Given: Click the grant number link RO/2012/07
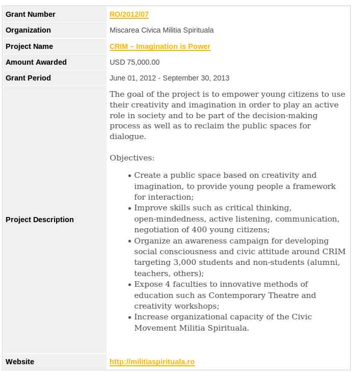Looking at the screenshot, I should [129, 14].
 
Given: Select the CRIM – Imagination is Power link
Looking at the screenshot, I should [160, 46].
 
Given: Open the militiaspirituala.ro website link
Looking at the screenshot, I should [152, 362].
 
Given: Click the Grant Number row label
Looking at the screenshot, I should [31, 14].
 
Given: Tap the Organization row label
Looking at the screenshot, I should [28, 30].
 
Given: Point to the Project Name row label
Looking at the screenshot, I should [29, 46].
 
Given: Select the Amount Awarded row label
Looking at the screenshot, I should [36, 62].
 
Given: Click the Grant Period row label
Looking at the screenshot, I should [28, 78].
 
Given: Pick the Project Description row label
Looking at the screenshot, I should [40, 220].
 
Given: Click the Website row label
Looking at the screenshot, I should [20, 362].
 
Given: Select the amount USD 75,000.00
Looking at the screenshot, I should [135, 62].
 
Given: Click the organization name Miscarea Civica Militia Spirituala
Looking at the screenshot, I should [162, 30].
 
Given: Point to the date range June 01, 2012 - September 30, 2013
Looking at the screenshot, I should [169, 78].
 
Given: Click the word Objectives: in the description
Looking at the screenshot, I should [132, 158].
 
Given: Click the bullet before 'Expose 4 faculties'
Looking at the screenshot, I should [130, 285].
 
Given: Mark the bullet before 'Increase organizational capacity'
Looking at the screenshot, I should [130, 317].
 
